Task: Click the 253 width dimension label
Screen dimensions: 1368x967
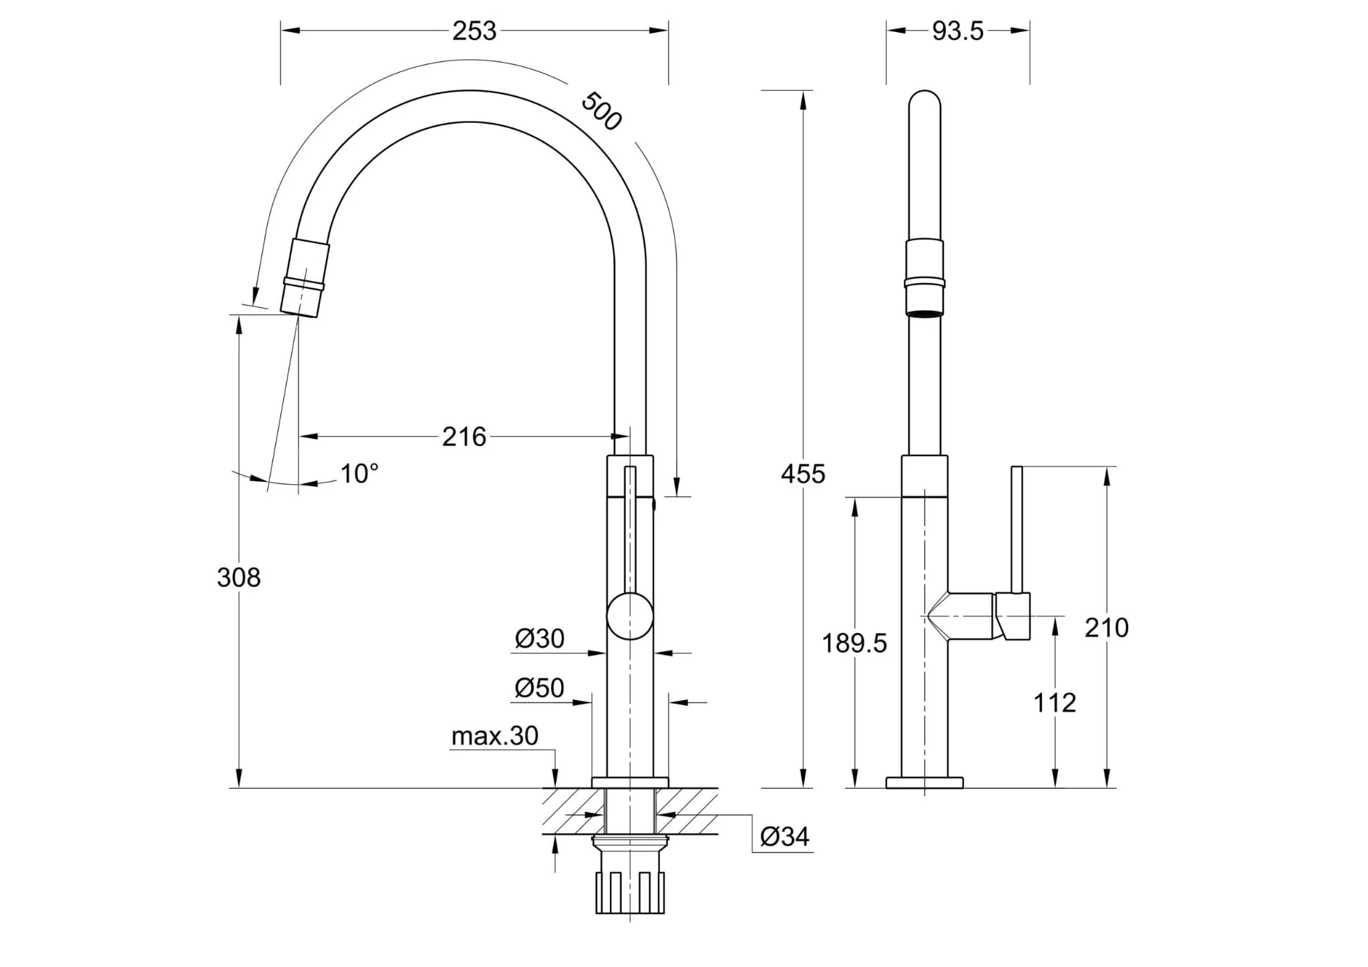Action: click(474, 31)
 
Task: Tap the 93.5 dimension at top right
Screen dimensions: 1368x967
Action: click(958, 31)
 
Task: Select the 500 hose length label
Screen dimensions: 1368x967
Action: click(602, 111)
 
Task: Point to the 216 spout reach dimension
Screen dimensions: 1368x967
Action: click(464, 437)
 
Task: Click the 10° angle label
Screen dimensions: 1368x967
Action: click(359, 473)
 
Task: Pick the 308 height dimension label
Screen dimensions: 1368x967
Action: click(238, 577)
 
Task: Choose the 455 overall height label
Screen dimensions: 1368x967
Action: click(804, 473)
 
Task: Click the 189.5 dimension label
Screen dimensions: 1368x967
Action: click(854, 643)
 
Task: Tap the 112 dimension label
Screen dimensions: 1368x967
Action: click(1055, 703)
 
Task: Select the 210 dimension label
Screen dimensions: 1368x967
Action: click(1107, 628)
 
